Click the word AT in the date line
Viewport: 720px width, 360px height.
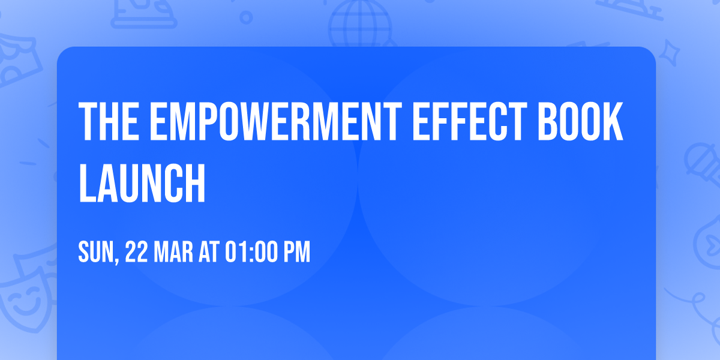click(x=210, y=252)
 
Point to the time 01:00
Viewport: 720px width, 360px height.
click(x=251, y=252)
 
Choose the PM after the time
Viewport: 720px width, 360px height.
click(x=296, y=252)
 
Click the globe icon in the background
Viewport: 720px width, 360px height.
click(x=359, y=24)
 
